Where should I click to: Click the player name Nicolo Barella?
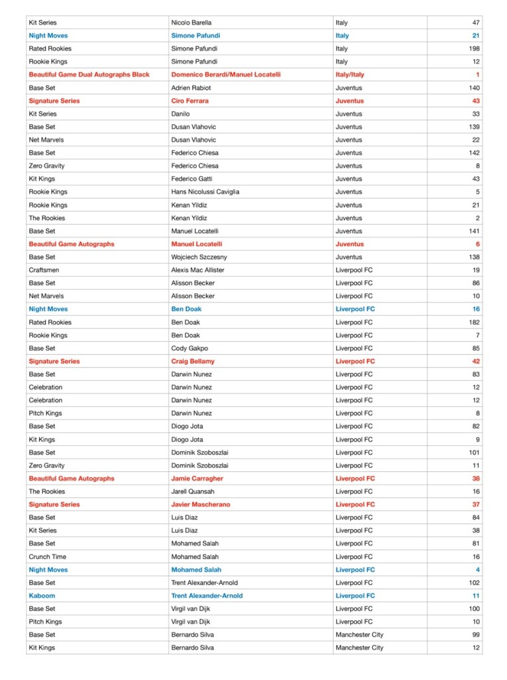tap(191, 23)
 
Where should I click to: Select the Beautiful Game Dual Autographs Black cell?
tap(89, 74)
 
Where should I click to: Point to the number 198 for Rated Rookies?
tap(474, 49)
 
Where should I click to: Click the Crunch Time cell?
tap(47, 557)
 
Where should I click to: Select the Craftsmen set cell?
tap(45, 270)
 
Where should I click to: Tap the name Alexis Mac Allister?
tap(198, 270)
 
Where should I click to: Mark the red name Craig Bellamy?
tap(193, 362)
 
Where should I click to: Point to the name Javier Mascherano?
tap(201, 505)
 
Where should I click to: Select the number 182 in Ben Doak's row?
tap(474, 322)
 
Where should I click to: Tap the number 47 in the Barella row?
tap(476, 23)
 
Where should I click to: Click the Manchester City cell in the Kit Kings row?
tap(359, 647)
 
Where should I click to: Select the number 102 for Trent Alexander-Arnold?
tap(474, 583)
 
